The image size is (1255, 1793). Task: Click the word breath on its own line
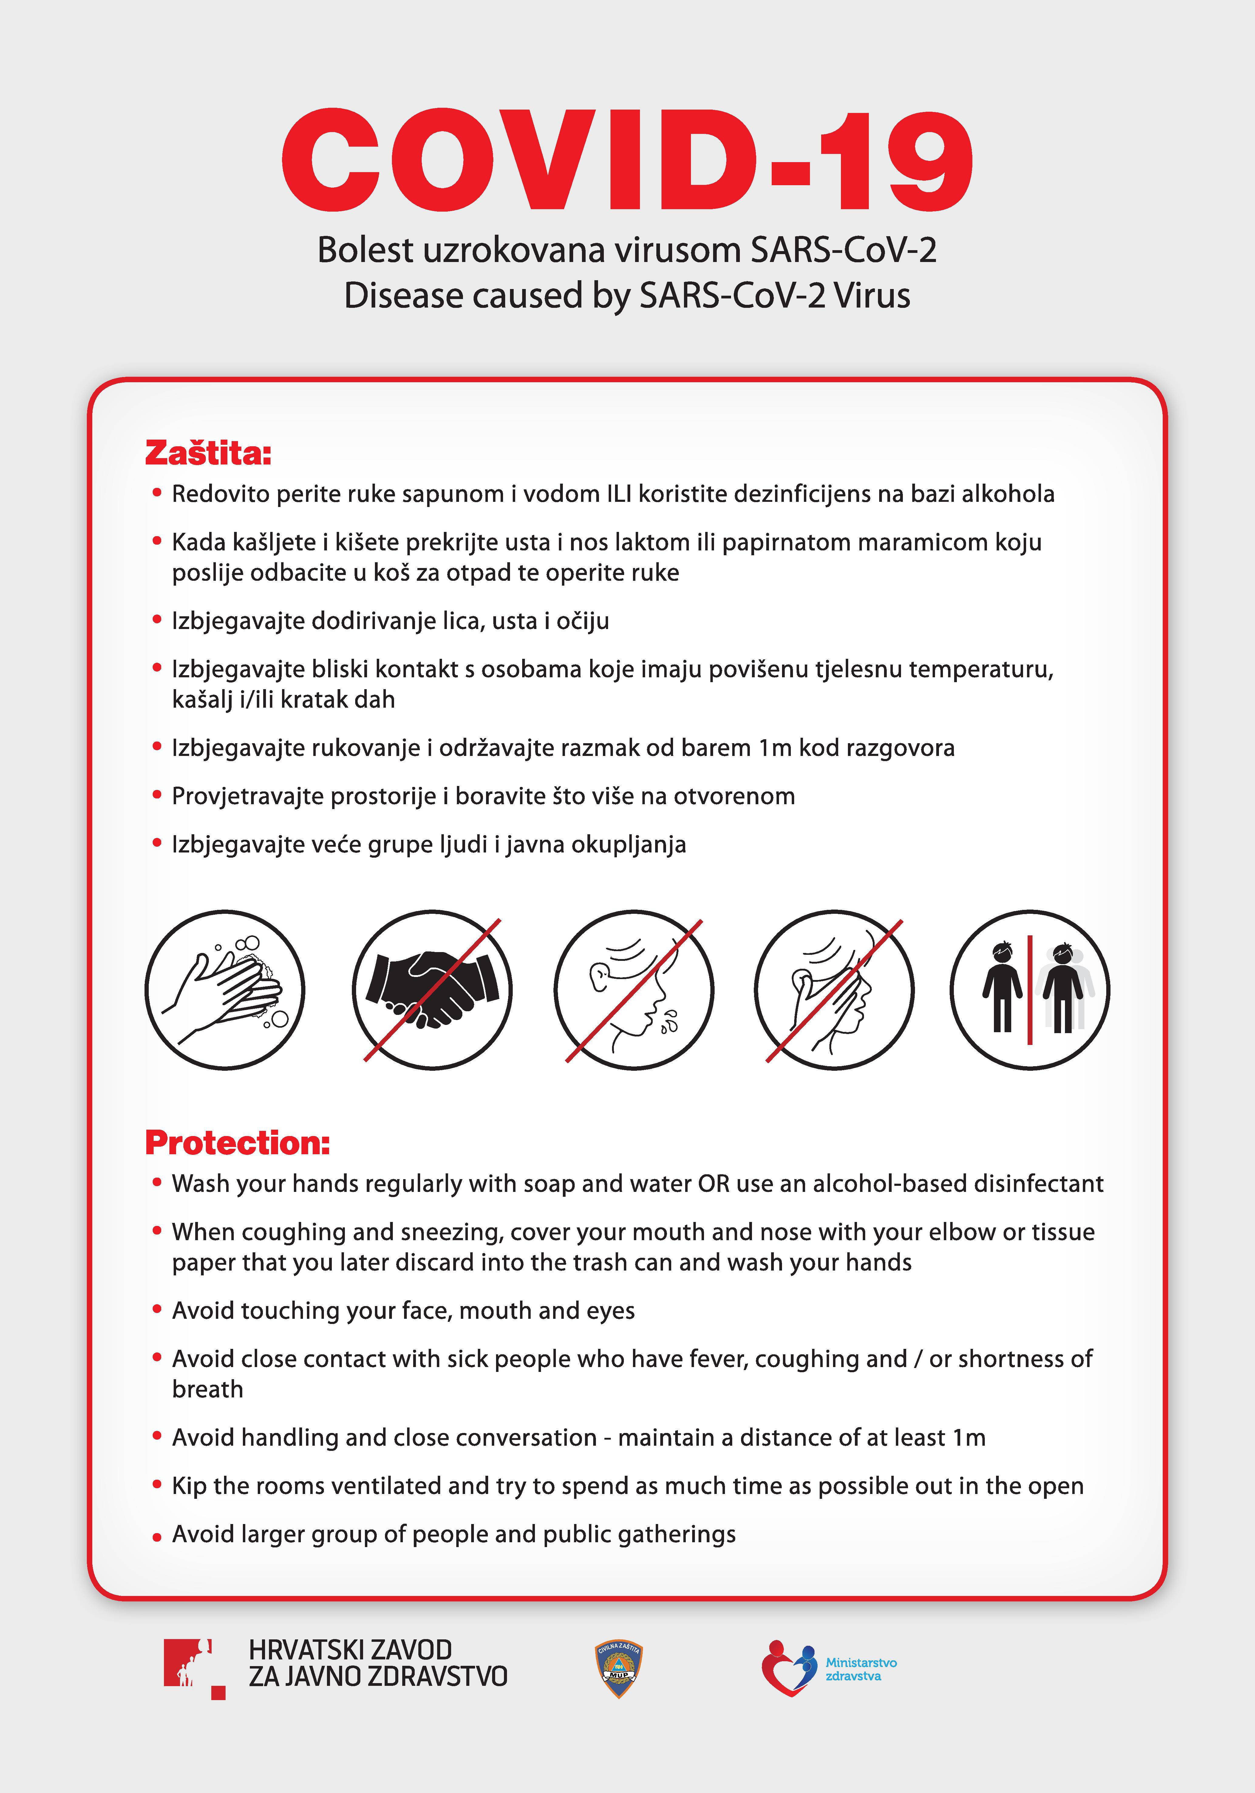(208, 1389)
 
